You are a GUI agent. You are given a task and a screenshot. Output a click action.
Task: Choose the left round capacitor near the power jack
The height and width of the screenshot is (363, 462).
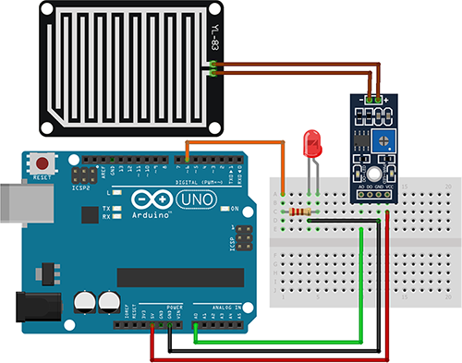tap(86, 302)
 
